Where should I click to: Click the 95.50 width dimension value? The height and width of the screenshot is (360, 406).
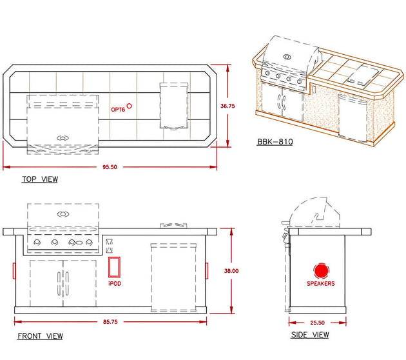click(110, 167)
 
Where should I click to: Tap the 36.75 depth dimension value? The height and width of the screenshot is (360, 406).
click(227, 106)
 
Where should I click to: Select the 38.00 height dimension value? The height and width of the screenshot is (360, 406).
click(231, 271)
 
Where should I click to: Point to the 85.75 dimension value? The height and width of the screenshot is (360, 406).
click(110, 322)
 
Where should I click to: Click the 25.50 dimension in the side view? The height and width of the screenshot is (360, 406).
click(318, 323)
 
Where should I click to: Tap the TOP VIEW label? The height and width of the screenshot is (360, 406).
click(40, 179)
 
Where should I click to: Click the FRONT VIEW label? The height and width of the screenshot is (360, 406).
click(40, 336)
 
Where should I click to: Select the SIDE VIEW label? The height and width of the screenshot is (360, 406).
click(310, 335)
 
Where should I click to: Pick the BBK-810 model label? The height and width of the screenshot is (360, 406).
click(275, 141)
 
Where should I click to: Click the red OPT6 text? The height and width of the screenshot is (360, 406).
click(118, 110)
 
